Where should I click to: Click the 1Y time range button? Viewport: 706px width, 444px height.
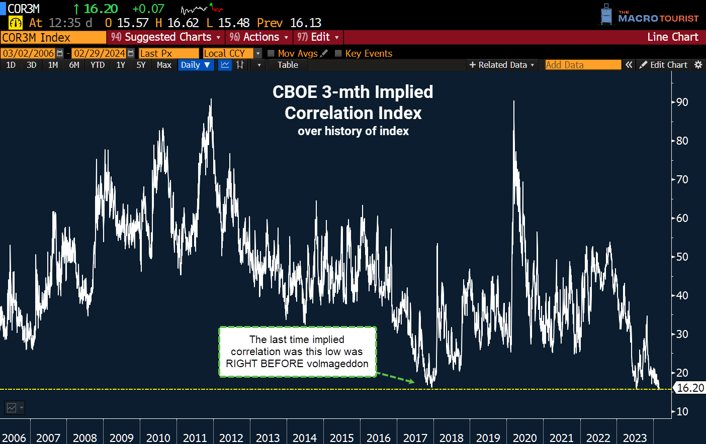click(121, 65)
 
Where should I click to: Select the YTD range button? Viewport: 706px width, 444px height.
click(98, 65)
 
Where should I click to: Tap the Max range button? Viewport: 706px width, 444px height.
click(164, 65)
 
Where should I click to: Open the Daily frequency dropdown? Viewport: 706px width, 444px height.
click(196, 65)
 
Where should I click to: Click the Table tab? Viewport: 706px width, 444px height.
click(288, 65)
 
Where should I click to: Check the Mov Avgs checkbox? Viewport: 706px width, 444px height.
click(271, 53)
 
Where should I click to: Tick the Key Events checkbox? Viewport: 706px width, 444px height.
click(338, 53)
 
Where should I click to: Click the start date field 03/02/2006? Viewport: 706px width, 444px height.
click(28, 53)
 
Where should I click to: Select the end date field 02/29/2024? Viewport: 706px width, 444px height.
click(99, 53)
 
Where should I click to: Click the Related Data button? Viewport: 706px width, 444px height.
click(501, 65)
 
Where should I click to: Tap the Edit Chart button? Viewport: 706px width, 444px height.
click(664, 65)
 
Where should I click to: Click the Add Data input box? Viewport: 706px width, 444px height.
click(583, 65)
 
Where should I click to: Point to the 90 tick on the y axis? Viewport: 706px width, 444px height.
click(682, 102)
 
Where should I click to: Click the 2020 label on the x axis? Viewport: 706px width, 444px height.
click(524, 438)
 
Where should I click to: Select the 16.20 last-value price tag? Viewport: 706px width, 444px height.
click(690, 388)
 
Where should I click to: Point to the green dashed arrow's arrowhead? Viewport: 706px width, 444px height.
click(412, 382)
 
